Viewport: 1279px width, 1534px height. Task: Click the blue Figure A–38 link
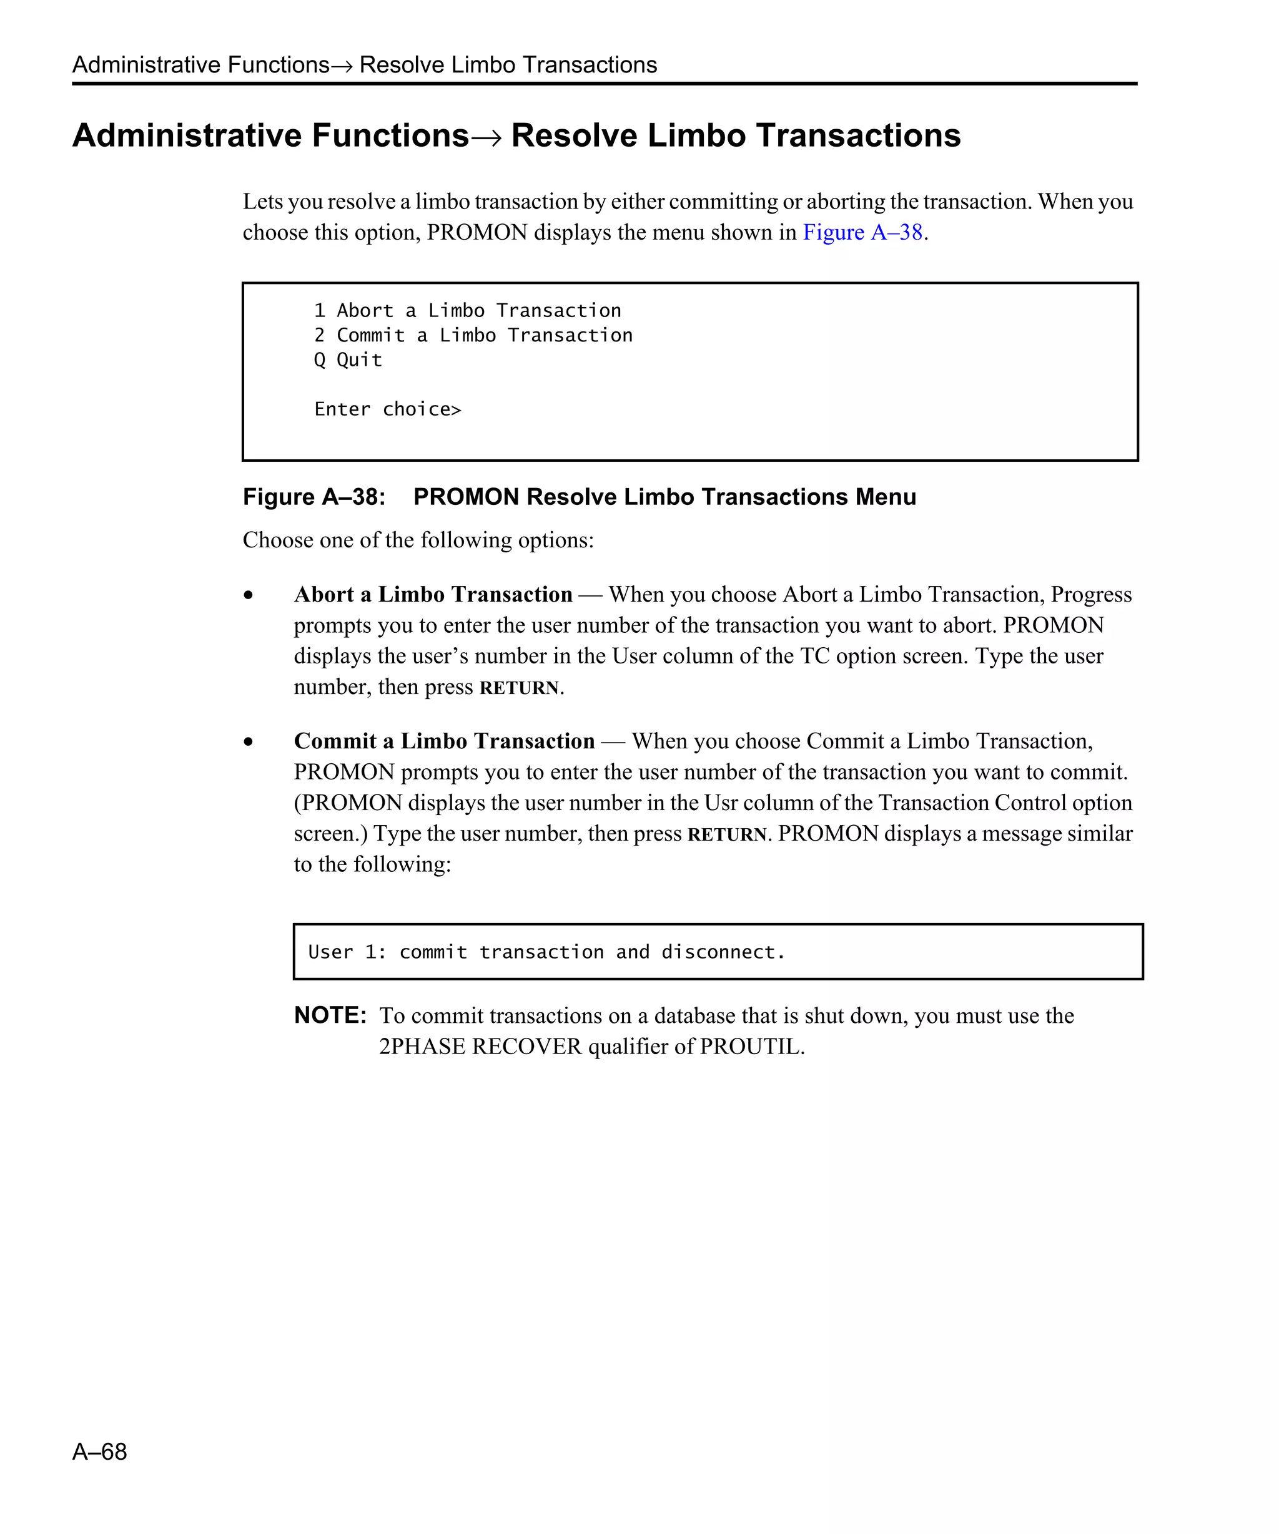(862, 232)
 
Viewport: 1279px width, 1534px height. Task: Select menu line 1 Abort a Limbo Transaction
(468, 310)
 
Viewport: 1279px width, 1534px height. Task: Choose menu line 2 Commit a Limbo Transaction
(473, 335)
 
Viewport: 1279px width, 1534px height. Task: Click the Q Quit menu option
(348, 360)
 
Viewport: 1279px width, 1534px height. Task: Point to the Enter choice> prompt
(387, 409)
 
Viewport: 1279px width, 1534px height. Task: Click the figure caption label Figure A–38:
(314, 497)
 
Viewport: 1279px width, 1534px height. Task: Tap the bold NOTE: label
(330, 1015)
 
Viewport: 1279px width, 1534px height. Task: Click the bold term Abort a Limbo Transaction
(433, 595)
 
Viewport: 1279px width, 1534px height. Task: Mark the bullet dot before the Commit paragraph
(249, 742)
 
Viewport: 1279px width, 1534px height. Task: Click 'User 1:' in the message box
(347, 952)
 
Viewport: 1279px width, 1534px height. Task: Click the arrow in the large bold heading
(489, 137)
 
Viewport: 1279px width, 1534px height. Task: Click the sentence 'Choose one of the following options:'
(418, 540)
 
